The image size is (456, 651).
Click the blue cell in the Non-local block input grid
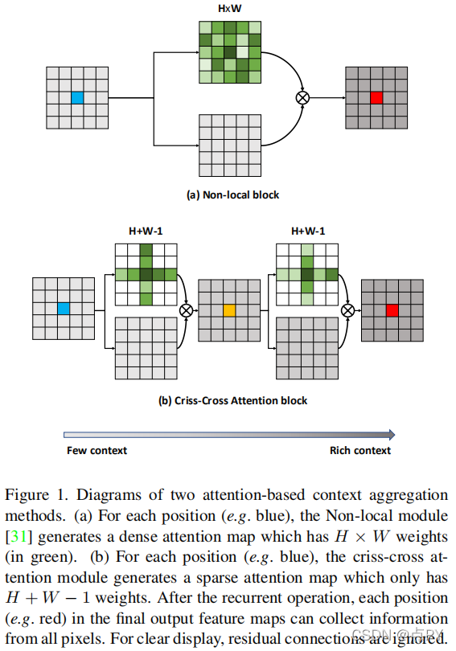click(x=77, y=98)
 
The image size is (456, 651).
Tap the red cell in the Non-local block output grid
click(x=376, y=98)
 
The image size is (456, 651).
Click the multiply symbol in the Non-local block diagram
click(x=302, y=98)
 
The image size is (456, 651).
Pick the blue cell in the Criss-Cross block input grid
click(x=64, y=309)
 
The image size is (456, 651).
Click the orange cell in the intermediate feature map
click(x=229, y=309)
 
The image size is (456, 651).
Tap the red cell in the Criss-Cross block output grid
click(x=392, y=309)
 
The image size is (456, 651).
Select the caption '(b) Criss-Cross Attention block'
click(x=232, y=399)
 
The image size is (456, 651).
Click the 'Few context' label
click(x=97, y=450)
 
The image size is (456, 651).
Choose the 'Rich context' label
click(x=360, y=450)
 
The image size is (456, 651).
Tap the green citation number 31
click(x=18, y=535)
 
